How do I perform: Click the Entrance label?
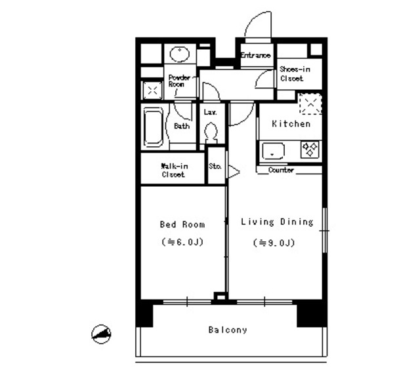255,56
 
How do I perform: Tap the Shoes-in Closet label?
295,73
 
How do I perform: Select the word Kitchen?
291,124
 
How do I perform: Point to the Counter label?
281,170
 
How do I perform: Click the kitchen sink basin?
272,151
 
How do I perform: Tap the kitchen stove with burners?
310,149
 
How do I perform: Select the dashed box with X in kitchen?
309,104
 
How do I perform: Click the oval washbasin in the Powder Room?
178,54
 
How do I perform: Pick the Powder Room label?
179,81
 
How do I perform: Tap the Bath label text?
182,127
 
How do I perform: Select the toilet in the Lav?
211,134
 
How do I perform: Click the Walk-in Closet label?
173,171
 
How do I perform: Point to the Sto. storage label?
215,167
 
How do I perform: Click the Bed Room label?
182,224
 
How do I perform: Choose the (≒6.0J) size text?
182,243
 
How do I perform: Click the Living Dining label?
276,222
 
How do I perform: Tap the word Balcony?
228,330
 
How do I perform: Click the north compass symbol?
101,334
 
